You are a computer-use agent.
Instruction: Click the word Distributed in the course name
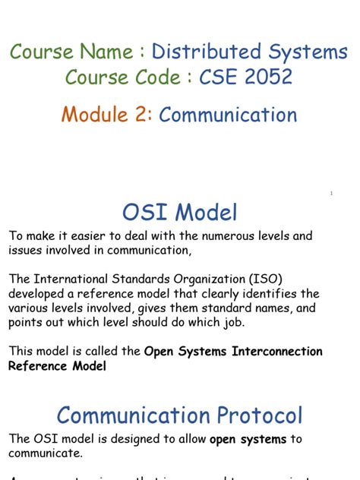point(199,52)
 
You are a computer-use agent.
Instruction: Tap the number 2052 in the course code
point(267,77)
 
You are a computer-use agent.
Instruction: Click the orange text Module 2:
point(107,115)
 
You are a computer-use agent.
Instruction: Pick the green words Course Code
point(125,77)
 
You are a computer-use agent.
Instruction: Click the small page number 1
point(331,194)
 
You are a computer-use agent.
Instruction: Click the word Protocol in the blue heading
point(251,415)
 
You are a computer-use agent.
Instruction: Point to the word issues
point(27,250)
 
